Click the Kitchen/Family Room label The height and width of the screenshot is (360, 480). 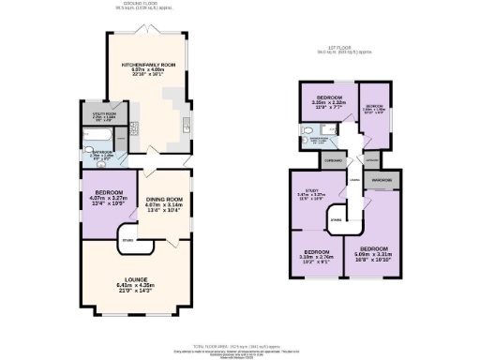click(148, 65)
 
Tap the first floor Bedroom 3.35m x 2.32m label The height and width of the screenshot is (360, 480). click(328, 98)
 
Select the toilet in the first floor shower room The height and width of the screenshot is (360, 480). click(307, 132)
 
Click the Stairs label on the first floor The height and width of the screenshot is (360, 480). click(336, 221)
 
